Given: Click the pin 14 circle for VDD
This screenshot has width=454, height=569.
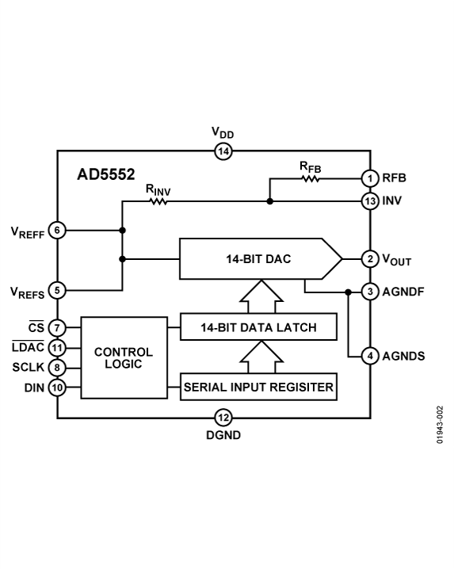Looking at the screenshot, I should click(x=223, y=151).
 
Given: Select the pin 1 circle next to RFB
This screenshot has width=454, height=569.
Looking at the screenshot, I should click(x=370, y=178).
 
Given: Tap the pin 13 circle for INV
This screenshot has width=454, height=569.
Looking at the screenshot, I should click(x=370, y=201).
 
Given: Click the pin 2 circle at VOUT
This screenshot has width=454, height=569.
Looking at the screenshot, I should click(x=370, y=259).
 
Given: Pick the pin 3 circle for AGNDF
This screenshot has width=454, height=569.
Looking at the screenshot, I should click(x=370, y=292).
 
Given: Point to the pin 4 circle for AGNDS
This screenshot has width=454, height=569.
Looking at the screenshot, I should click(x=370, y=356).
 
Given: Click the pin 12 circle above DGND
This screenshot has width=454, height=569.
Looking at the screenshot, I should click(x=223, y=418).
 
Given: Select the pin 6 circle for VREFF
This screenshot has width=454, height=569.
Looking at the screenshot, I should click(x=57, y=231).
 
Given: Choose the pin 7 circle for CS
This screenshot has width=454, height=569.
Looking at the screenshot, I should click(x=57, y=327).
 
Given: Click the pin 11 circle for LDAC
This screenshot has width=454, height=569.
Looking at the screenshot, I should click(x=57, y=347).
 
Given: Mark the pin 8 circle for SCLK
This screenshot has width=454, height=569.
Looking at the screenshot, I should click(x=57, y=367).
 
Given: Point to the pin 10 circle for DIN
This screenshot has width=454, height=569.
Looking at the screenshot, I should click(x=57, y=388).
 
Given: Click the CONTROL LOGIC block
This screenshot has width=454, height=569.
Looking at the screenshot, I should click(x=124, y=357).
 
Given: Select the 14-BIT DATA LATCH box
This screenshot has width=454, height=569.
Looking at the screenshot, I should click(x=258, y=327).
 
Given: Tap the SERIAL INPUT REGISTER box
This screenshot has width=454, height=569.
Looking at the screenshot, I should click(x=258, y=388).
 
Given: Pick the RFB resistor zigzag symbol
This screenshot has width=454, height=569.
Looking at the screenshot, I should click(x=309, y=178).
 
